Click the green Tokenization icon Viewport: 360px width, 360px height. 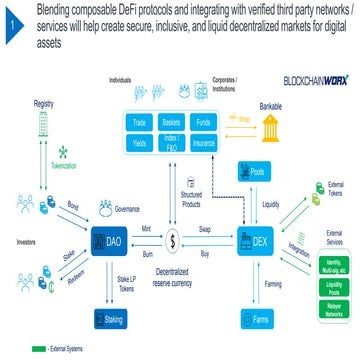pyautogui.click(x=37, y=152)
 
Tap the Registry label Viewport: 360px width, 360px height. pyautogui.click(x=43, y=103)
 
